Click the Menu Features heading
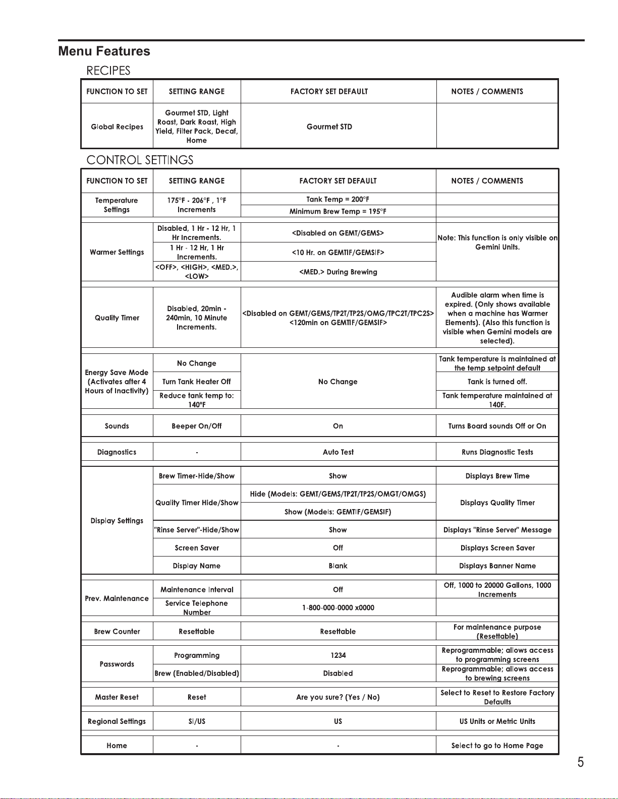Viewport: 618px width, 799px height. coord(104,51)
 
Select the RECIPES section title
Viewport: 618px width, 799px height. coord(108,71)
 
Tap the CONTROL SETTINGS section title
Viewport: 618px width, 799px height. coord(140,160)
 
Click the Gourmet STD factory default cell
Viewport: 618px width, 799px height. coord(329,127)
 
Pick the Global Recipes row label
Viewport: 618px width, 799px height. coord(117,127)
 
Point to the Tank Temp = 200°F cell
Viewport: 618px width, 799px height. coord(338,199)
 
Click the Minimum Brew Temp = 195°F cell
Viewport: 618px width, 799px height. coord(338,211)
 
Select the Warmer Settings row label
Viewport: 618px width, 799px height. coord(117,252)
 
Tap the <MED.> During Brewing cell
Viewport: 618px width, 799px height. coord(338,272)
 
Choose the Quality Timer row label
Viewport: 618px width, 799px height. coord(117,318)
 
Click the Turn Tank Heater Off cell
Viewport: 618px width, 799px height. coord(197,382)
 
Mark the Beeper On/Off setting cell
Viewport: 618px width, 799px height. coord(197,426)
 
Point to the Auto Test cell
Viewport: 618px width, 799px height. coord(338,452)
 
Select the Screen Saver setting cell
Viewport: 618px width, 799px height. coord(197,548)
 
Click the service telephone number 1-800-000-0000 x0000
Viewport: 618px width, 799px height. coord(338,607)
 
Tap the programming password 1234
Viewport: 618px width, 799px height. coord(338,655)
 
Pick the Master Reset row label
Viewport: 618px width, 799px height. coord(117,697)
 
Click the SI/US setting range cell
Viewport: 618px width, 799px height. coord(197,721)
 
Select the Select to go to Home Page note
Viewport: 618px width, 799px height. coord(497,746)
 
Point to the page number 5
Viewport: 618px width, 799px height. coord(581,762)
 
